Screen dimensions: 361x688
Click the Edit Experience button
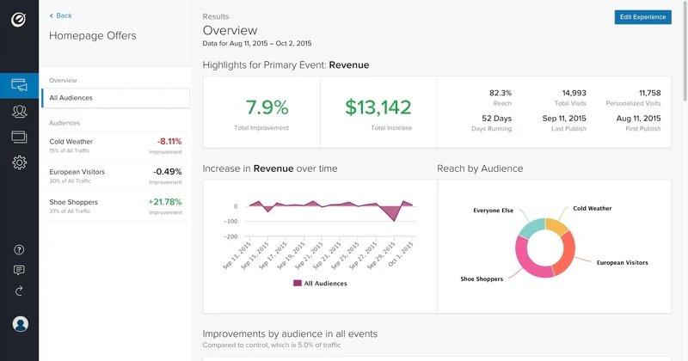(642, 17)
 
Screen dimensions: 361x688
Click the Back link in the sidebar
(60, 15)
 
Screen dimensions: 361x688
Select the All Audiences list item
(115, 98)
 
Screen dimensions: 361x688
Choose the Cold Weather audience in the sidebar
(71, 142)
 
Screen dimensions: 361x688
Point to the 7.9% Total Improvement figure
(267, 107)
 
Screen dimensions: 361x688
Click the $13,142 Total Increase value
(378, 107)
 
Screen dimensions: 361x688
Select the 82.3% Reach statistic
(500, 93)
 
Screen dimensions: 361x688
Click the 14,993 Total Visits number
(574, 93)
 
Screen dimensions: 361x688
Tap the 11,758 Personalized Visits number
(649, 93)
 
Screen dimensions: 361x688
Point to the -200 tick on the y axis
(230, 236)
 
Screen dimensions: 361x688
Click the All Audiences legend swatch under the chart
(298, 283)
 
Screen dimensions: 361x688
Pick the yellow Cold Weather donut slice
(556, 227)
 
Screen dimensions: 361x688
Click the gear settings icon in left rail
(19, 162)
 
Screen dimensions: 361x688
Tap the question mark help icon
(19, 250)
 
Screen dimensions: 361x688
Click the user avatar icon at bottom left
(20, 324)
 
